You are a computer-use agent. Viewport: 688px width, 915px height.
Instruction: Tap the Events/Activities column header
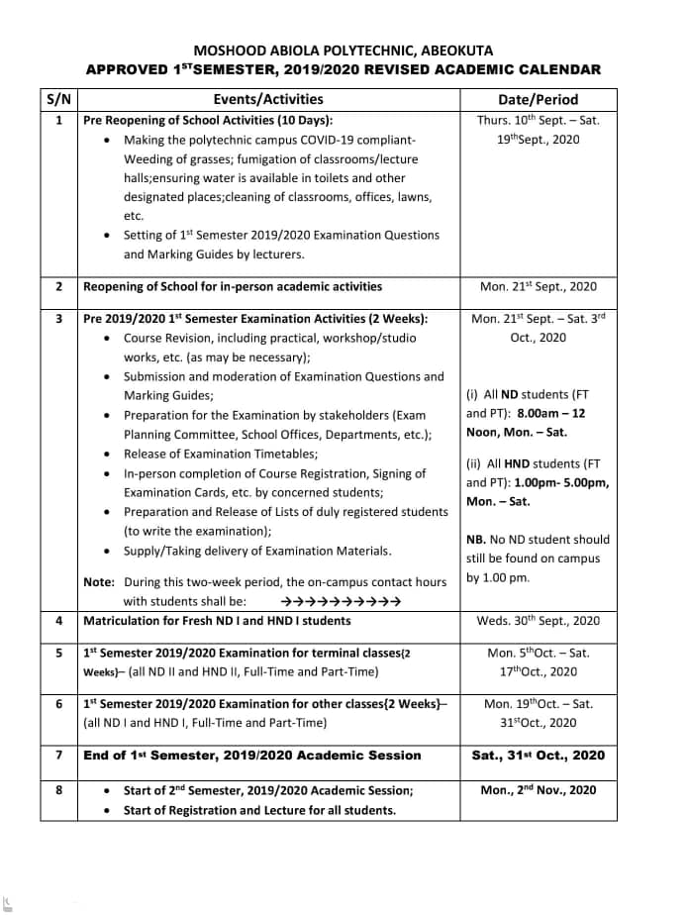[267, 99]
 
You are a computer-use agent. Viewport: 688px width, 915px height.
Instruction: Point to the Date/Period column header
[538, 99]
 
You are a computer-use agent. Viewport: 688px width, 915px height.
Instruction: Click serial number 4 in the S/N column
[59, 621]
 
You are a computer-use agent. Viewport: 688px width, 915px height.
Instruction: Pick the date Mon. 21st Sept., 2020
[538, 286]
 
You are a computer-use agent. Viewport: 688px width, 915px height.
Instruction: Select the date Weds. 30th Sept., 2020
[538, 621]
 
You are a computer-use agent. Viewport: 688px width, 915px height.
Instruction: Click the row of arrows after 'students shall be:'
[342, 601]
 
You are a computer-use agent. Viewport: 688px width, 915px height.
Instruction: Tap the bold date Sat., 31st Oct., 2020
[538, 756]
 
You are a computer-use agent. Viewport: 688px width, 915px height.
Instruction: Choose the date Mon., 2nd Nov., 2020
[538, 790]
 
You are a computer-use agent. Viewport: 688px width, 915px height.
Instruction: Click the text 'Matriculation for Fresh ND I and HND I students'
[217, 621]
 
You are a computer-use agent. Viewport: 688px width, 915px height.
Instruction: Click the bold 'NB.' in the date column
[476, 540]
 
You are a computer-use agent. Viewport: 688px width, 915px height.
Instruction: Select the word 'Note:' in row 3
[99, 581]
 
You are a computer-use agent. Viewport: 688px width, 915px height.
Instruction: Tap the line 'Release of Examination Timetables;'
[220, 454]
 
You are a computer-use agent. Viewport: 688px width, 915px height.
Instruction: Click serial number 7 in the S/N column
[59, 756]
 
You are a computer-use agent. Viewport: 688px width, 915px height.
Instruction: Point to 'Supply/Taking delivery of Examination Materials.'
[256, 551]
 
